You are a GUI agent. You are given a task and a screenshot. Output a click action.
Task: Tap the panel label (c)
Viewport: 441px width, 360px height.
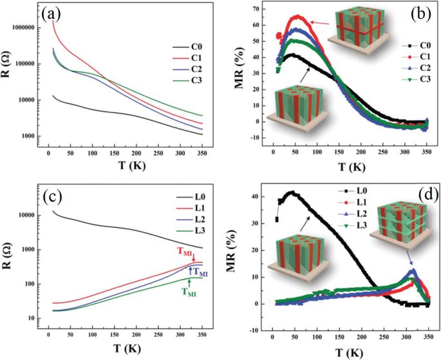click(54, 198)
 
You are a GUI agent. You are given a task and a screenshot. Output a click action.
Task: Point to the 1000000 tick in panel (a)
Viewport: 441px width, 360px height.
click(24, 28)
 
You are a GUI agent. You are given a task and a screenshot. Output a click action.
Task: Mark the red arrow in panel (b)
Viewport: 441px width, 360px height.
click(319, 23)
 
